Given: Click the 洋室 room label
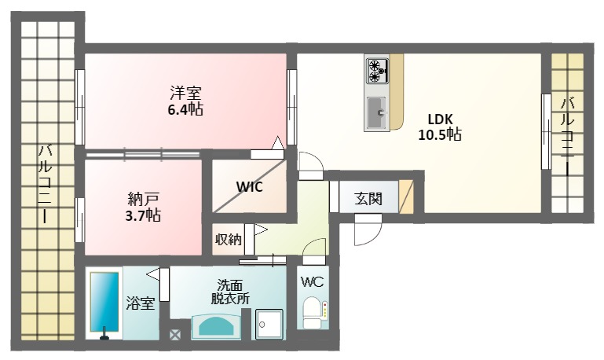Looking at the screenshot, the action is pos(185,93).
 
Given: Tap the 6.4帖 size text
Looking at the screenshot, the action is pos(185,109).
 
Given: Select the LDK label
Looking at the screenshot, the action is pos(440,119).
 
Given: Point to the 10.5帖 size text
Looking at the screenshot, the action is pos(440,134).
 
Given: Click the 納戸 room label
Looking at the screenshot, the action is pos(143,199).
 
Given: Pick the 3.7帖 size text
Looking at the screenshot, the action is pos(143,215).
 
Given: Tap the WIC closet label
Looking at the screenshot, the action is pos(249,186).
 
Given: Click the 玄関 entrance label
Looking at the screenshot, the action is pos(368,199).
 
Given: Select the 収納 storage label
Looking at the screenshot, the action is pos(228,240).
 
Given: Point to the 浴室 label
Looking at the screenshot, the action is pos(141,303).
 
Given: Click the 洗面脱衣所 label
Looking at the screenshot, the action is pos(230,292).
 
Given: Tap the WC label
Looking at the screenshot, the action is pos(312,281).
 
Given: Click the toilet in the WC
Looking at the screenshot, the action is pos(312,312).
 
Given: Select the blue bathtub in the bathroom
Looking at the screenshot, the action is pos(104,302).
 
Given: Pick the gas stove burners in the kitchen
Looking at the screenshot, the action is pos(377,71).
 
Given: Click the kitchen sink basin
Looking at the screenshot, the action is pos(377,112).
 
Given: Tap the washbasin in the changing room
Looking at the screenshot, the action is pos(216,326).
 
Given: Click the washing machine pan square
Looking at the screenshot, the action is pos(269,324).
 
